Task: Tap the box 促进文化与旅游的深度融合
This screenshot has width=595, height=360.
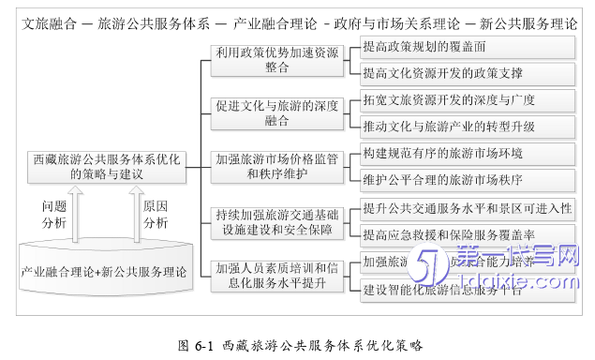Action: (x=275, y=112)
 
